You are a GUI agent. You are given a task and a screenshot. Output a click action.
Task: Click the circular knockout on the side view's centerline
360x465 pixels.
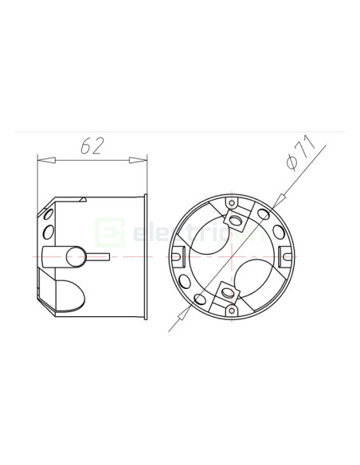[x=76, y=257]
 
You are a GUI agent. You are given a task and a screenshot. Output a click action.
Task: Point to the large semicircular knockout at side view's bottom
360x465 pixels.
[x=69, y=295]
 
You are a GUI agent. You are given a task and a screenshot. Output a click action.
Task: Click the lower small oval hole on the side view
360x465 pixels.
[x=49, y=232]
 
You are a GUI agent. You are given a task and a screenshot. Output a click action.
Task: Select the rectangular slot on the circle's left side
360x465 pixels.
[x=177, y=256]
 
